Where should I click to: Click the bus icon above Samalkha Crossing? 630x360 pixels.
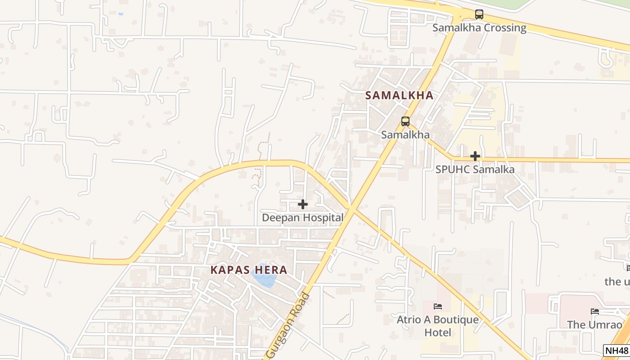click(x=479, y=14)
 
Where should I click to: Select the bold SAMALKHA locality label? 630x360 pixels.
click(x=399, y=95)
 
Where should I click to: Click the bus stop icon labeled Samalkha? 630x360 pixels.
click(x=405, y=121)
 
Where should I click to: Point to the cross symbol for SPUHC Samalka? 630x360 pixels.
click(x=475, y=156)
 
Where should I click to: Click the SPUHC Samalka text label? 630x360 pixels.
click(x=475, y=170)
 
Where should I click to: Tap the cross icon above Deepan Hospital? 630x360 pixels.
click(x=303, y=204)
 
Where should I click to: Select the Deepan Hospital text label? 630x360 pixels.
click(x=302, y=218)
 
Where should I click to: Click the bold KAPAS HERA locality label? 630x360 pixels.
click(x=249, y=270)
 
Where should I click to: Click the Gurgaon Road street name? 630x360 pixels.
click(x=288, y=327)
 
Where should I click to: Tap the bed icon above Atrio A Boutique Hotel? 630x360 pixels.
click(x=437, y=306)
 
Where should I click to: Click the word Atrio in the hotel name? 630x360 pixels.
click(x=408, y=320)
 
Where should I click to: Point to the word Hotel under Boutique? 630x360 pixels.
click(x=438, y=333)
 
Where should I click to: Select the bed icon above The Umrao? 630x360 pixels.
click(x=594, y=311)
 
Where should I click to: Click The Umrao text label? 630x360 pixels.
click(x=594, y=324)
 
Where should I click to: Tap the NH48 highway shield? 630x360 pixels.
click(x=616, y=351)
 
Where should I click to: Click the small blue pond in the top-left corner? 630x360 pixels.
click(x=120, y=14)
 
